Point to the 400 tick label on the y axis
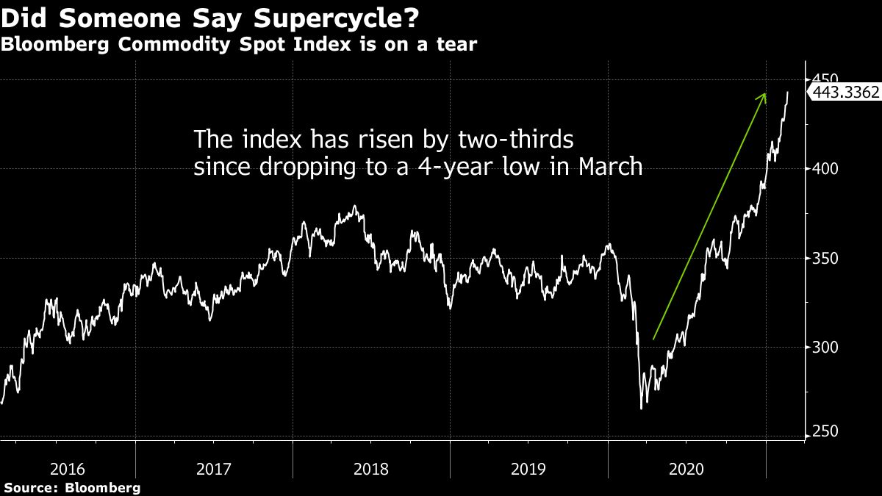tap(825, 169)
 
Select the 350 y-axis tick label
tap(825, 259)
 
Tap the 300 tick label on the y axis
tap(825, 348)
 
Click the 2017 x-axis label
tap(215, 468)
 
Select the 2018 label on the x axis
tap(372, 468)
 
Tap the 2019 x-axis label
tap(528, 468)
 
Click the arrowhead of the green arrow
tap(764, 96)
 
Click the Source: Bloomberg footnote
tap(71, 487)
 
